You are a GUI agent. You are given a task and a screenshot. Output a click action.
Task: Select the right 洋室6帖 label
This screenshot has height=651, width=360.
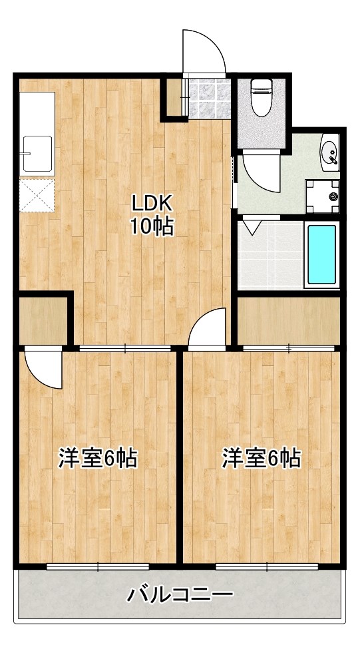click(x=261, y=459)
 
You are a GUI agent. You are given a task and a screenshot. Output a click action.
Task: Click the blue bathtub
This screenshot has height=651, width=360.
click(x=322, y=255)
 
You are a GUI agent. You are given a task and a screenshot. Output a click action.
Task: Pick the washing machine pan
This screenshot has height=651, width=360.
click(x=322, y=196)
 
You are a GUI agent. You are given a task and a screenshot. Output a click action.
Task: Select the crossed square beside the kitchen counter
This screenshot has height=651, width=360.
click(x=36, y=195)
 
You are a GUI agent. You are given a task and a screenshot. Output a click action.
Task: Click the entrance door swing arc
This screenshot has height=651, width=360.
click(x=205, y=51)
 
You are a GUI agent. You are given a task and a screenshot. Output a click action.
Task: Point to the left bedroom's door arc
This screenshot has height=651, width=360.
click(x=43, y=368)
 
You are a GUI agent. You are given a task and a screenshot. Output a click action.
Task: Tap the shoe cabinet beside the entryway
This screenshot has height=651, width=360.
click(x=174, y=98)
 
